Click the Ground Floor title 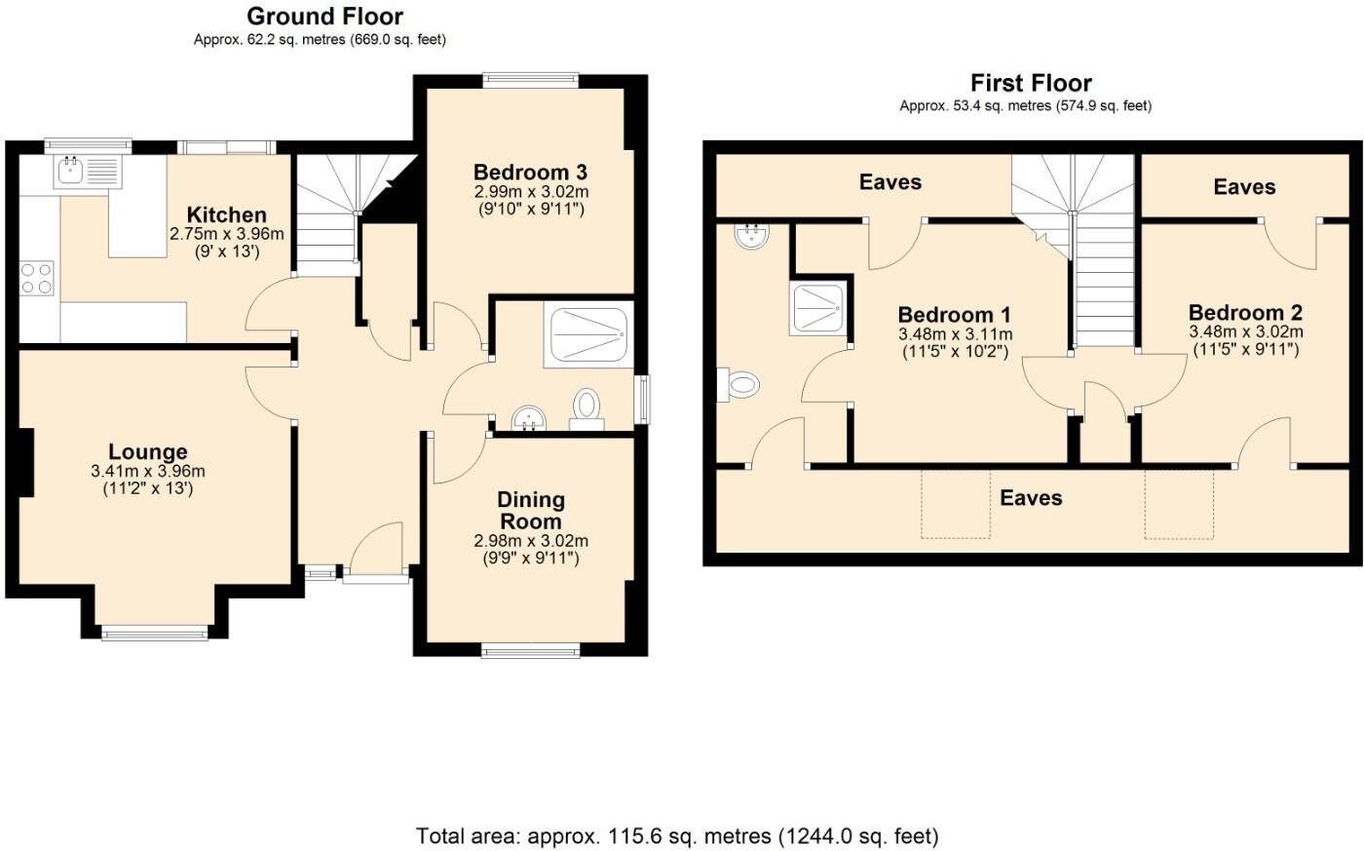324,17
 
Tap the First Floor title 1031,83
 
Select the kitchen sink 70,172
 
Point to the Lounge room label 148,452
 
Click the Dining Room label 531,510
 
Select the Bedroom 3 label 531,173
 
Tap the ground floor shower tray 588,335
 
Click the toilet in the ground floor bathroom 587,405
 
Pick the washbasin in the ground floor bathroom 530,420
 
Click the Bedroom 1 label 954,315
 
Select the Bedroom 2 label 1245,313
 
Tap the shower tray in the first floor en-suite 818,309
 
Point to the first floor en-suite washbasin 750,235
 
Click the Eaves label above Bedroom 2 1244,186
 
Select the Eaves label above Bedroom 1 890,182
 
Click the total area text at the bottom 677,835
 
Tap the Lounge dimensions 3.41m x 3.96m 148,471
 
